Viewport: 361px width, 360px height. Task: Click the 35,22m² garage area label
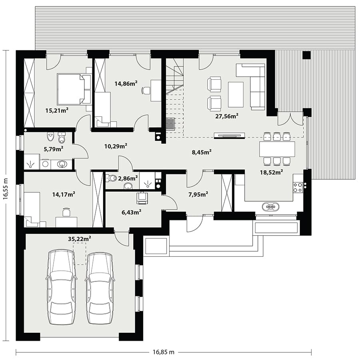pos(79,239)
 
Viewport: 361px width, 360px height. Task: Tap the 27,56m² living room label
pos(227,116)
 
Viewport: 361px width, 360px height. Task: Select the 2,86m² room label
pos(128,178)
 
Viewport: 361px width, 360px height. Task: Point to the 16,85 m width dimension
pos(164,352)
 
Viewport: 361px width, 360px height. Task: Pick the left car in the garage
pos(61,288)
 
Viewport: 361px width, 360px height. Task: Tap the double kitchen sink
pos(271,207)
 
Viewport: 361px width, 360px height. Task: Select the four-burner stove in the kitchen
pos(297,187)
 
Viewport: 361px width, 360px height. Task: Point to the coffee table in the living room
pos(236,94)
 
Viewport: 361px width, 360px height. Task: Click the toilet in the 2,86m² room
pos(112,178)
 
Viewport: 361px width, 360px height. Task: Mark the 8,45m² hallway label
pos(201,152)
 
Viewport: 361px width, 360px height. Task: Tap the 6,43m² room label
pos(131,212)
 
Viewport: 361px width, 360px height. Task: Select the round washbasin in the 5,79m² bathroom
pos(62,164)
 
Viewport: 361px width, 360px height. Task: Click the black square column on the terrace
pos(307,55)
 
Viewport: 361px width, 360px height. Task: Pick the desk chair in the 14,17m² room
pos(66,212)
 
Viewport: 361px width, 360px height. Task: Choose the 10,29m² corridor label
pos(116,146)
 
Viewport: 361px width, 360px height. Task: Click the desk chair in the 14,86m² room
pos(146,90)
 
